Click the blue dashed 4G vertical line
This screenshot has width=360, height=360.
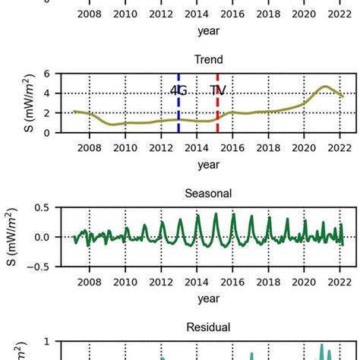(x=178, y=114)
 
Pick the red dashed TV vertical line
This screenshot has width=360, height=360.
(x=217, y=114)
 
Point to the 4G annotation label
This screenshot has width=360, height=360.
(x=178, y=90)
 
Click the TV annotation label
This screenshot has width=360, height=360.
(x=218, y=90)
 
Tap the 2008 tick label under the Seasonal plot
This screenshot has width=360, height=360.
(x=89, y=281)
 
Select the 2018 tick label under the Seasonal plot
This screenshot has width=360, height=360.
(x=268, y=281)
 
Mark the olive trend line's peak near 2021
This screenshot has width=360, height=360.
(x=324, y=87)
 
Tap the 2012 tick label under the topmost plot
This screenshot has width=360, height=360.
(x=160, y=14)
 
